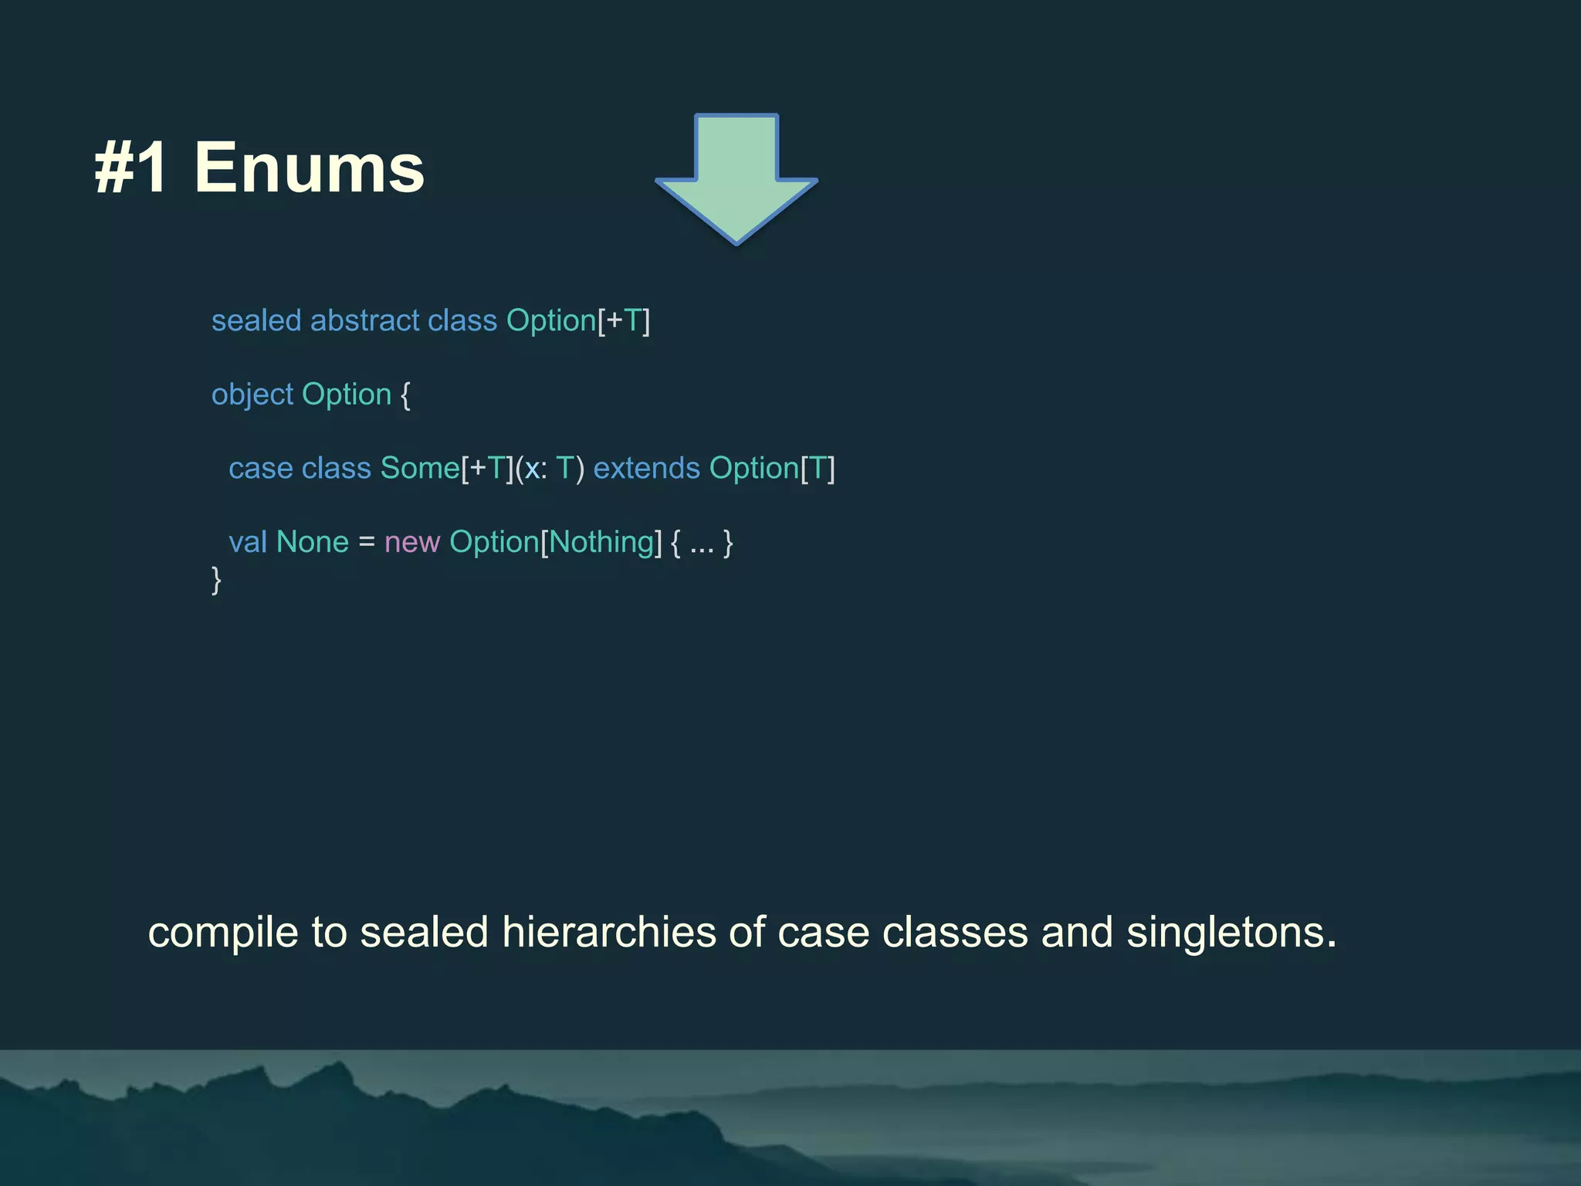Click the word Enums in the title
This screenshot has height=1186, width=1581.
[309, 168]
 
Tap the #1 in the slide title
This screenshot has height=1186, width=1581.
[131, 168]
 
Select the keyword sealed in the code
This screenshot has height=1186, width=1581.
[256, 320]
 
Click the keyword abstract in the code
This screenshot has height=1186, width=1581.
[364, 320]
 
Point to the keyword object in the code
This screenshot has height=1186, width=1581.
[252, 395]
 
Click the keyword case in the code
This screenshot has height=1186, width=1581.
[261, 468]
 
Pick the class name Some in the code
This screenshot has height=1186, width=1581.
[420, 468]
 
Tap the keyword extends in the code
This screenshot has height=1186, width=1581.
[646, 468]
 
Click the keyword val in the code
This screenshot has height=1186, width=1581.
[248, 542]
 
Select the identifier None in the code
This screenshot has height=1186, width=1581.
[313, 542]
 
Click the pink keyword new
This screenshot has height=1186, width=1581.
[412, 542]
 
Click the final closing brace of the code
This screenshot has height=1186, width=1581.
[217, 579]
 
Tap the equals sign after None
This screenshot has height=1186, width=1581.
[367, 542]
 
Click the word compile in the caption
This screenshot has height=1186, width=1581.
[223, 933]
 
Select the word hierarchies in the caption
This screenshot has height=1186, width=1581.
[609, 932]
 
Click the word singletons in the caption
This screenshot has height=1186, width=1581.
[1231, 932]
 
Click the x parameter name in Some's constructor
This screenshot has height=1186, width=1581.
[533, 469]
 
